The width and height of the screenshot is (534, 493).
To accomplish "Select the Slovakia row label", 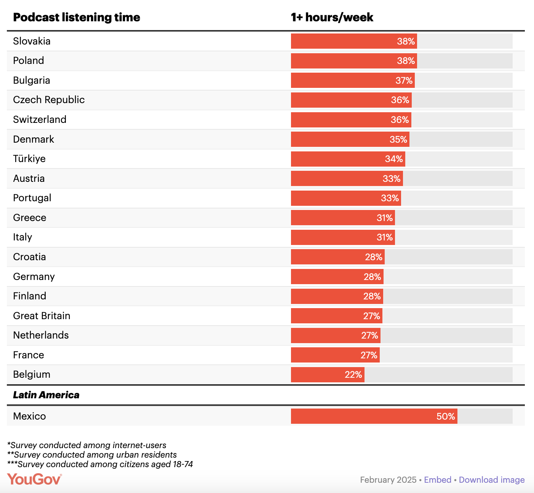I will click(32, 41).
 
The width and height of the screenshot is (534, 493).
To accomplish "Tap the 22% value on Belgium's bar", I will click(353, 375).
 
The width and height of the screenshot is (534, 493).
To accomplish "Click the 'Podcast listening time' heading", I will click(77, 17).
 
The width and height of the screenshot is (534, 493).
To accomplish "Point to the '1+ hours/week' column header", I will click(332, 17).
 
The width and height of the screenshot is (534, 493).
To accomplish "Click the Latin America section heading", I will click(46, 395).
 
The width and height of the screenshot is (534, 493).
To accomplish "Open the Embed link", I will click(437, 480).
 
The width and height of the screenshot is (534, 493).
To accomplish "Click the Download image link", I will click(491, 480).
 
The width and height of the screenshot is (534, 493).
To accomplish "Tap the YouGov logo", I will click(34, 479).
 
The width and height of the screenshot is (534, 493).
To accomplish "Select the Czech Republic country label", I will click(49, 100).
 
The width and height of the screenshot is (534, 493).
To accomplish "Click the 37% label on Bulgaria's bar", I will click(404, 81).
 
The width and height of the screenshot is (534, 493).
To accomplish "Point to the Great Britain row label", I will click(42, 316).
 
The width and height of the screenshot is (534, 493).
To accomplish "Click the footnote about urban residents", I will click(92, 455).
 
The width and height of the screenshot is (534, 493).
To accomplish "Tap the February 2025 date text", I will click(388, 480).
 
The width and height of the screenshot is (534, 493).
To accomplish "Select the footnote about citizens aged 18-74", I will click(100, 464).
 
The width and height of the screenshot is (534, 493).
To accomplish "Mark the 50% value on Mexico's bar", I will click(445, 417).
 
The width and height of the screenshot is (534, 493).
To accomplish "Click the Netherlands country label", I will click(41, 335).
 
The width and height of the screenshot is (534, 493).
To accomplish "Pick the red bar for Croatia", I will click(328, 257).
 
